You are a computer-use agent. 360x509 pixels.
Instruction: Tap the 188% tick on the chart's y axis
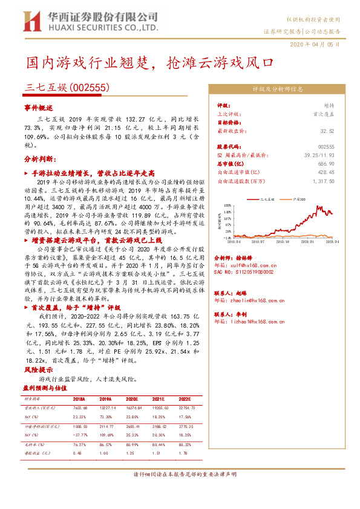click(227, 206)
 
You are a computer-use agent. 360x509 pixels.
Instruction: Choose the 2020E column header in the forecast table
click(133, 400)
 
